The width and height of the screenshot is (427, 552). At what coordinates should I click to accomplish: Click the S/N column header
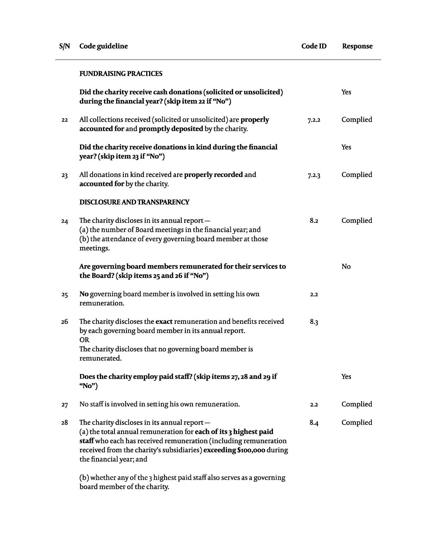click(x=65, y=46)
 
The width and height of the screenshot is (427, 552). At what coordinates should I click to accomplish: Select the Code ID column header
click(x=314, y=46)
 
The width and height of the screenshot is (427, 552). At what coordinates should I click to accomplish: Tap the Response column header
click(x=357, y=46)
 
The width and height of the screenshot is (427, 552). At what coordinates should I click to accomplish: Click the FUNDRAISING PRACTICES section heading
click(x=121, y=74)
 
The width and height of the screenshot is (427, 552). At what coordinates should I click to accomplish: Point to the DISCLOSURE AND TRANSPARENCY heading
click(x=134, y=202)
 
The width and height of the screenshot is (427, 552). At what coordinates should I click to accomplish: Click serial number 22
click(x=65, y=120)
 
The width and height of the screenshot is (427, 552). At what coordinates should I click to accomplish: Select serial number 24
click(x=65, y=221)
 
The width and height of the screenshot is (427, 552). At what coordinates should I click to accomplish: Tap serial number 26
click(x=65, y=322)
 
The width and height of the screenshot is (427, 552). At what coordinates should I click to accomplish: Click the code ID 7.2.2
click(x=314, y=120)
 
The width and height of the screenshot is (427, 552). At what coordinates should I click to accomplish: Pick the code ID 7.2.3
click(x=314, y=175)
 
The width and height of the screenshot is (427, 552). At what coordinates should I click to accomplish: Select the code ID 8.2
click(x=314, y=221)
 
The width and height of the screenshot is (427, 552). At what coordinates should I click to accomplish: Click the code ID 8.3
click(x=314, y=322)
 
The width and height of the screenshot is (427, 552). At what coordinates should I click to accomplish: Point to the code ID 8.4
click(x=314, y=423)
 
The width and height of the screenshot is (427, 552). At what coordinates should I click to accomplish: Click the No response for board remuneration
click(x=346, y=267)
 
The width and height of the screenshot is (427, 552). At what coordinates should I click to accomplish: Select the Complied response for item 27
click(x=357, y=404)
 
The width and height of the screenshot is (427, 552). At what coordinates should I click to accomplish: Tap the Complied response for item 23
click(x=357, y=175)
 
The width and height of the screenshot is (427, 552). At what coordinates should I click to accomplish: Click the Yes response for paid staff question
click(x=346, y=377)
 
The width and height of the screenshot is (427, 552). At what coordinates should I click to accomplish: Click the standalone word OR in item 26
click(x=84, y=340)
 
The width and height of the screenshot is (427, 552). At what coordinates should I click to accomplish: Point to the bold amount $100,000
click(x=251, y=450)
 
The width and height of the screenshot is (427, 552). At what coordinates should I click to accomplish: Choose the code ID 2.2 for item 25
click(x=314, y=294)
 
